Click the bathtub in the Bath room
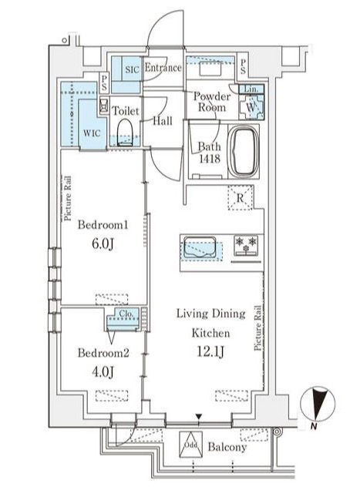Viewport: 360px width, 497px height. coord(244,152)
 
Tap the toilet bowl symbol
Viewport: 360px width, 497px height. coord(124,133)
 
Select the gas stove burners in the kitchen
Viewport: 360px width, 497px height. coord(246,246)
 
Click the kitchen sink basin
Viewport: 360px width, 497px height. coord(200,247)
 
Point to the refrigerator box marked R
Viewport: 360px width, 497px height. coord(241,198)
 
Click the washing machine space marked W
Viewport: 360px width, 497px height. coord(251,107)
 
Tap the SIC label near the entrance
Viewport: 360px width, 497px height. coord(132,69)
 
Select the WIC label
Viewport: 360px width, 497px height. coord(92,133)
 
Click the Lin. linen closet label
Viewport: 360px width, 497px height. coord(251,89)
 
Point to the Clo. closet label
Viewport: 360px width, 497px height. coord(127,314)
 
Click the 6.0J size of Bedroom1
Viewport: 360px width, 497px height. coord(103,244)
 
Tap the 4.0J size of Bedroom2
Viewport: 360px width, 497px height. coord(103,372)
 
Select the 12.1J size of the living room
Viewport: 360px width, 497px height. coord(211,352)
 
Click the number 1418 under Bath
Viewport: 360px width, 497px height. coord(210,159)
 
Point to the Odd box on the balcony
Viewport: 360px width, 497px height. coord(191,445)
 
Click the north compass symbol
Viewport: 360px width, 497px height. coord(318,405)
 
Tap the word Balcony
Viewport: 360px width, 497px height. coord(227,447)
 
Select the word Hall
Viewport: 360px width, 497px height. coord(163,121)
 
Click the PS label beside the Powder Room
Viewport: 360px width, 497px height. coord(243,67)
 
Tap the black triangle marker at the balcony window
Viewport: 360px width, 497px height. coord(199,416)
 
